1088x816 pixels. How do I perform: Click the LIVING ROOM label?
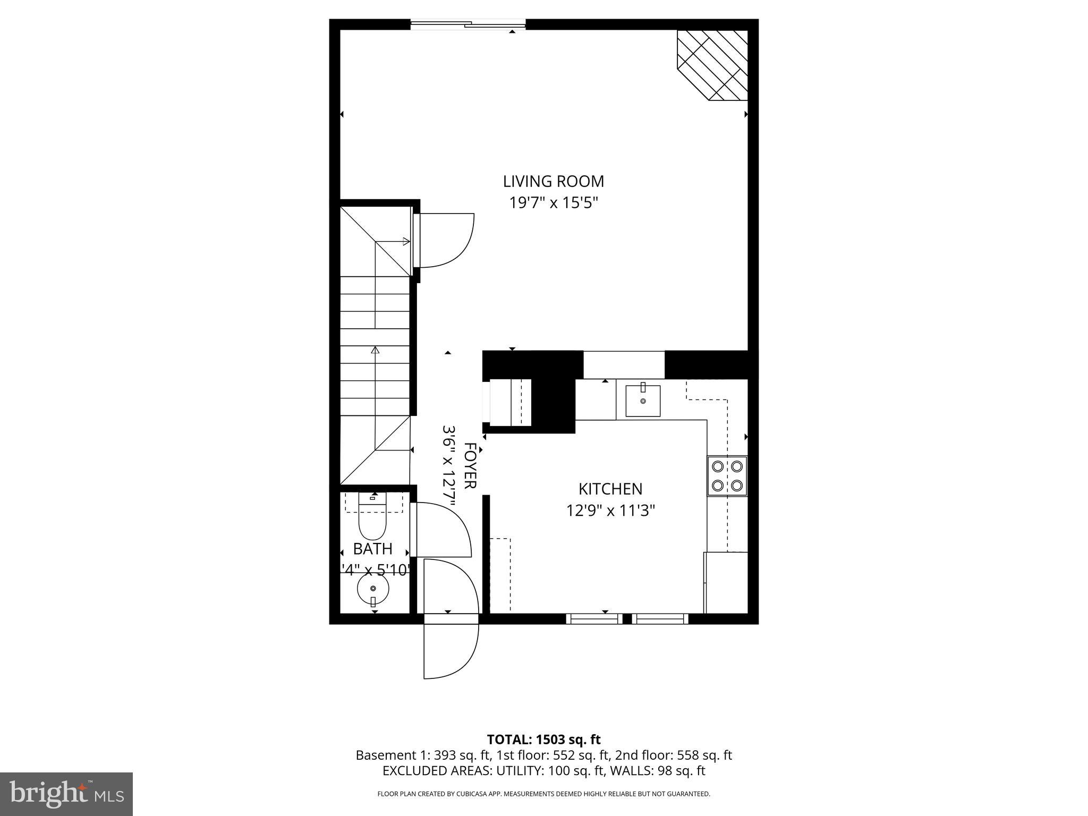click(x=554, y=182)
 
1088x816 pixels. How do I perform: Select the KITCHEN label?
click(x=610, y=489)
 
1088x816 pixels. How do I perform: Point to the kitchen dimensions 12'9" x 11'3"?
click(x=610, y=511)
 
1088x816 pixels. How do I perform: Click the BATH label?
click(x=372, y=549)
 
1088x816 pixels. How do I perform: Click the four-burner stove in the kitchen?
click(x=727, y=476)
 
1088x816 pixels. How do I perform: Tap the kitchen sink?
click(x=643, y=401)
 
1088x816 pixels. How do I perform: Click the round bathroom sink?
click(x=373, y=589)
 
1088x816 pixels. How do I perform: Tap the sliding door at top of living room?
click(x=468, y=24)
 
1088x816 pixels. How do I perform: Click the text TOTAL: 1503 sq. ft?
click(x=543, y=739)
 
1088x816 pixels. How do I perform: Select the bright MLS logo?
click(x=66, y=794)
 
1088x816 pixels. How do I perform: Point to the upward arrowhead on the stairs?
click(x=376, y=350)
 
